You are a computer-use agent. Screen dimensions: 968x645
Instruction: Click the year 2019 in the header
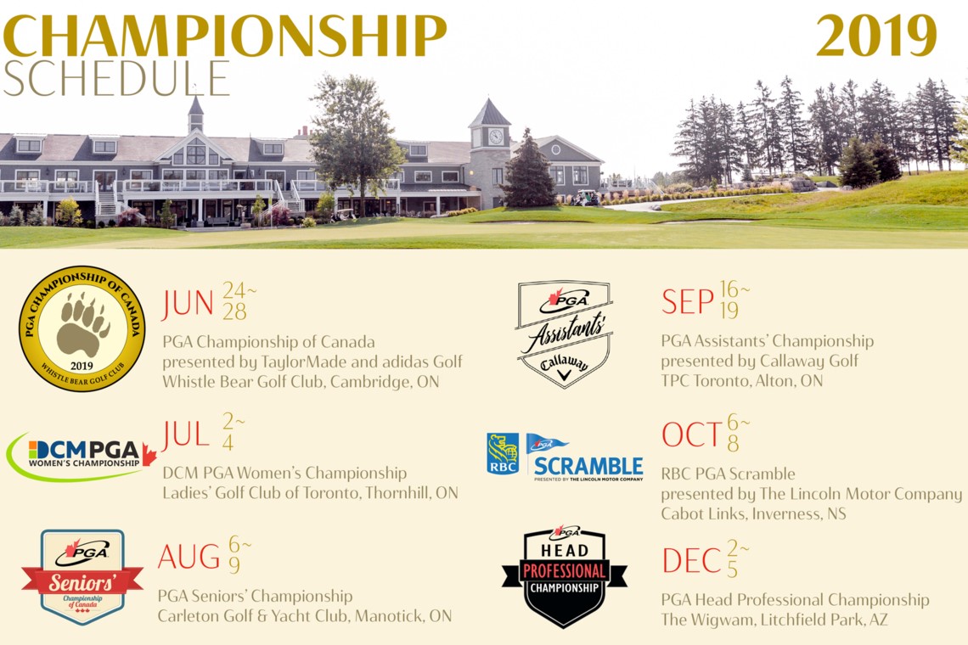pos(876,36)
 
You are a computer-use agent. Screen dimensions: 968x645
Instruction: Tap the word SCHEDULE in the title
pos(116,79)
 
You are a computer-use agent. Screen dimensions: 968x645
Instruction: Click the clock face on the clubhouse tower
pos(496,137)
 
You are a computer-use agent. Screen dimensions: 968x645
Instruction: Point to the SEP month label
pos(687,302)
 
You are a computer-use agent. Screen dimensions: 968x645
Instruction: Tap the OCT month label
pos(691,435)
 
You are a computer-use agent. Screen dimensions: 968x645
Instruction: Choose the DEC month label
pos(691,561)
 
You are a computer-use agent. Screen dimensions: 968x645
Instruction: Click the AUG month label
pos(189,557)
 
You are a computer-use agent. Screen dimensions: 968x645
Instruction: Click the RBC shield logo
pos(504,454)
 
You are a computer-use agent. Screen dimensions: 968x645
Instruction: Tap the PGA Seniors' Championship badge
pos(82,577)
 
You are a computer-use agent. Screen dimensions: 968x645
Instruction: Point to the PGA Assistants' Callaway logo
pos(565,334)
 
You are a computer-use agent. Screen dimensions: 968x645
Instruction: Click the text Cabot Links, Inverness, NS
pos(753,513)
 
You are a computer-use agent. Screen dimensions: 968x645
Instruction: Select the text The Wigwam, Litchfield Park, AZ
pos(774,619)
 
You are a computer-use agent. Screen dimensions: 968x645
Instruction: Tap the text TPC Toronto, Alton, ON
pos(741,381)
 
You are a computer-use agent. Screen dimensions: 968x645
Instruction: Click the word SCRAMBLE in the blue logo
pos(588,466)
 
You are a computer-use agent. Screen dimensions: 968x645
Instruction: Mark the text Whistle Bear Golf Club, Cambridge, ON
pos(301,381)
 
